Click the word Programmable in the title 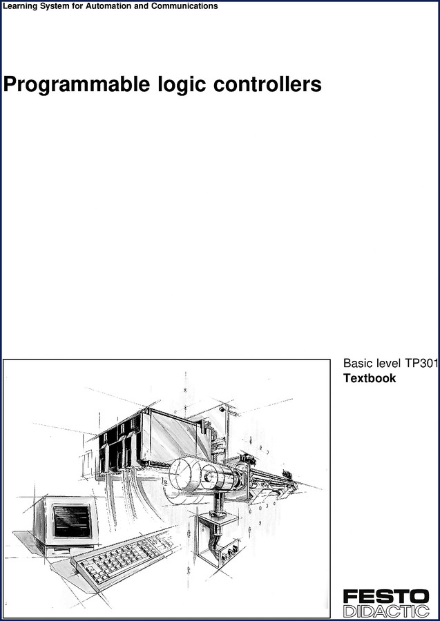(77, 85)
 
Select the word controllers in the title (267, 84)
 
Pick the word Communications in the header (184, 6)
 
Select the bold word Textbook (370, 378)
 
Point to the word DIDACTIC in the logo (386, 611)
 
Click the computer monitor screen (73, 520)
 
